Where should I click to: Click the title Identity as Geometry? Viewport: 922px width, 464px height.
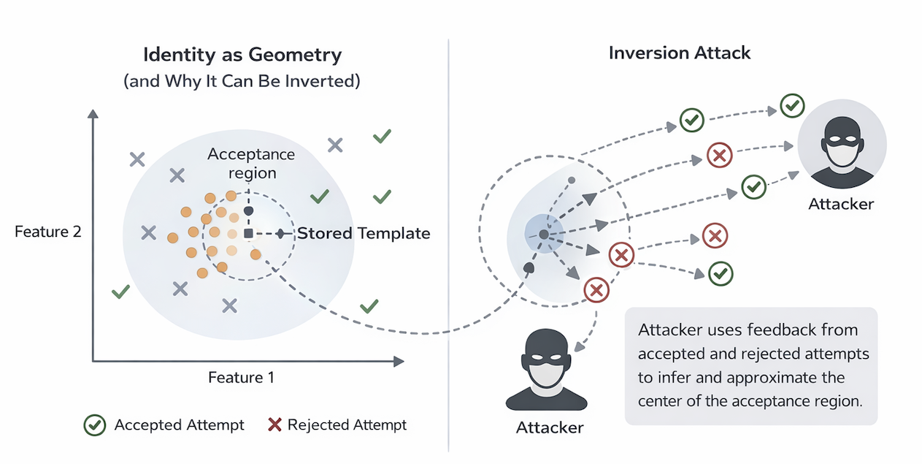click(x=242, y=55)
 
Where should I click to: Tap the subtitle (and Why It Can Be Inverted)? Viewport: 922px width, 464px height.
click(x=242, y=80)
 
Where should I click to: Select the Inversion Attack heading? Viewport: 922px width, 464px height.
click(x=679, y=53)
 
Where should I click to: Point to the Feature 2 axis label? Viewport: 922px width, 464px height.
click(x=47, y=232)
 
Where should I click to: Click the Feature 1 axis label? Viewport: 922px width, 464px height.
click(x=241, y=377)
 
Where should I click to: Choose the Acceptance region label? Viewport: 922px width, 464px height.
click(x=251, y=163)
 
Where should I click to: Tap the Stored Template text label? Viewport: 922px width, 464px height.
click(x=363, y=233)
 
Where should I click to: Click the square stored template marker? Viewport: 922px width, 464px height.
click(x=248, y=233)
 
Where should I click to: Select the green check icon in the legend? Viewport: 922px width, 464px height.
click(x=94, y=425)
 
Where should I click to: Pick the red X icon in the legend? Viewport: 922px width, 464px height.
click(x=274, y=425)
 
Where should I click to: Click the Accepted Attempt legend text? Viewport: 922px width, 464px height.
click(x=179, y=425)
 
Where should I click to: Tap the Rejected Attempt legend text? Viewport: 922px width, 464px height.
click(x=347, y=425)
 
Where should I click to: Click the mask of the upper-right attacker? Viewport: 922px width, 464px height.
click(x=841, y=154)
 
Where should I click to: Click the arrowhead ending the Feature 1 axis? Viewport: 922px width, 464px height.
click(x=399, y=361)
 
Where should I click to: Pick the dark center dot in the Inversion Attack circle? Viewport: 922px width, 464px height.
click(x=544, y=235)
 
